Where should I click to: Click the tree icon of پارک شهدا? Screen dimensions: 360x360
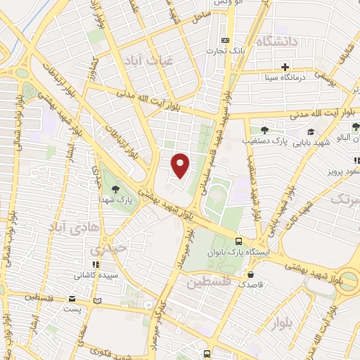115,188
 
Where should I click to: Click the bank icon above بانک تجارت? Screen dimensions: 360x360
225,40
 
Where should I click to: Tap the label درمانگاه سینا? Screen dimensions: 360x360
285,78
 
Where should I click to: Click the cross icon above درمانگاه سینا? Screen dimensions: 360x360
285,67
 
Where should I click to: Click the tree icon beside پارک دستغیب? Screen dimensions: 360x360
264,130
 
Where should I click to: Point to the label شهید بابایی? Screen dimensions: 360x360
312,143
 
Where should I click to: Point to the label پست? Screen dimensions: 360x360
72,308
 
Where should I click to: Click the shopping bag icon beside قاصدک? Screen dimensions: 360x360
250,274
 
